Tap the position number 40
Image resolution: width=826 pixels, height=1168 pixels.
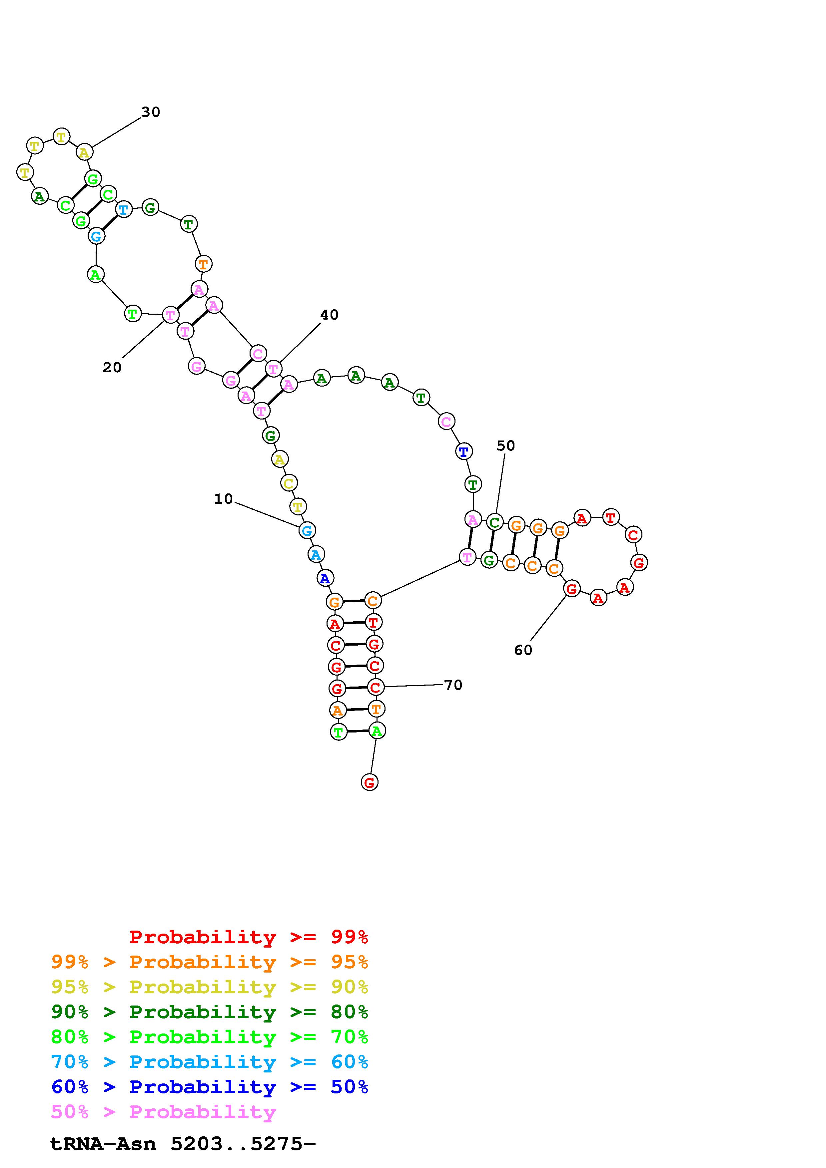[329, 315]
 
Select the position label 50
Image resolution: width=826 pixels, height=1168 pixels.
[505, 445]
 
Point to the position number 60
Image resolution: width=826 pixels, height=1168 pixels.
[523, 650]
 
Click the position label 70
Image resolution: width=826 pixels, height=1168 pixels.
[453, 685]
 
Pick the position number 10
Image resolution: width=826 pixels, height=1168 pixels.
[223, 499]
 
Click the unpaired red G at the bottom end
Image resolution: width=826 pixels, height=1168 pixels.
[370, 782]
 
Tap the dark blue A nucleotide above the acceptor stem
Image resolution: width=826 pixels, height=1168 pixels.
[325, 578]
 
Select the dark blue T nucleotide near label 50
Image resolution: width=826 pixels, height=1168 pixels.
[463, 451]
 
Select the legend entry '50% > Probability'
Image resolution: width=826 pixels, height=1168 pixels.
[163, 1112]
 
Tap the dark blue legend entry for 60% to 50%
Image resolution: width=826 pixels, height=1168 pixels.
[210, 1087]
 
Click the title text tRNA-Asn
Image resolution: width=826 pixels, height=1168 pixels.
[103, 1144]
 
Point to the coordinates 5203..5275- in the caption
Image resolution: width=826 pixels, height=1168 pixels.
[243, 1144]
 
